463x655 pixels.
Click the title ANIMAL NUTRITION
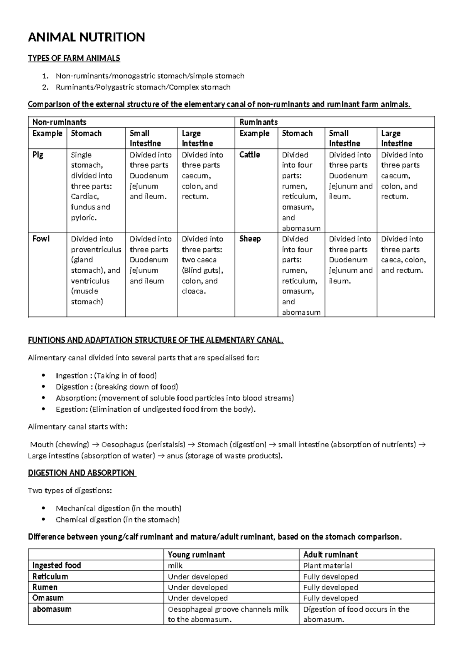[86, 37]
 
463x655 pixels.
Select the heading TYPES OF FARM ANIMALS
[74, 58]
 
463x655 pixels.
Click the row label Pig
[38, 155]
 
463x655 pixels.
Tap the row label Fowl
[41, 239]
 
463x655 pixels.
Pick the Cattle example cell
[250, 155]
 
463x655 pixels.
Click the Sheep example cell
[250, 239]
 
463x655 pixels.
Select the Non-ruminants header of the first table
[59, 122]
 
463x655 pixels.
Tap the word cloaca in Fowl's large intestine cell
[193, 291]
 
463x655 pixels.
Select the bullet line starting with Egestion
[155, 409]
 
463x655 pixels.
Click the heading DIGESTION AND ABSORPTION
[81, 473]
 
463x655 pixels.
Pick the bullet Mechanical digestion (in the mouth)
[118, 508]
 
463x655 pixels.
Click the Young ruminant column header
[196, 555]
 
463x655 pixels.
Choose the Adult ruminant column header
[330, 555]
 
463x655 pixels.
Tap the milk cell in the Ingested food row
[175, 565]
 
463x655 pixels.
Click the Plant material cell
[328, 565]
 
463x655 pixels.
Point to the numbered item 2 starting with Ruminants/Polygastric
[143, 87]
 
